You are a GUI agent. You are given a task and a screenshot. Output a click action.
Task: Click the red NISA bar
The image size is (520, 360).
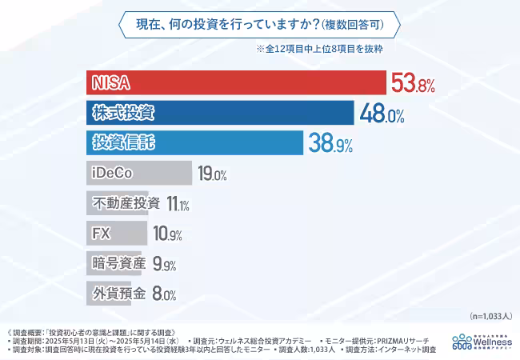click(236, 82)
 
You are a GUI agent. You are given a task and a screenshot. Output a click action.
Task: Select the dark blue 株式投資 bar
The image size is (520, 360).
click(220, 113)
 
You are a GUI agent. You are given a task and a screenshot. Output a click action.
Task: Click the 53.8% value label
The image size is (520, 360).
click(413, 82)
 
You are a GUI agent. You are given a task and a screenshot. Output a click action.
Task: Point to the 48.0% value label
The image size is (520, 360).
click(382, 114)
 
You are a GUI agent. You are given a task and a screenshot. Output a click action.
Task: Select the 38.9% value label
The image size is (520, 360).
click(330, 144)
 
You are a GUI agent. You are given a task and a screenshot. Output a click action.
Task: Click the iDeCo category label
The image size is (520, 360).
click(113, 173)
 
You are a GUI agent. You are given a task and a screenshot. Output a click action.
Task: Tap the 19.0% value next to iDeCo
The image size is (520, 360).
click(213, 174)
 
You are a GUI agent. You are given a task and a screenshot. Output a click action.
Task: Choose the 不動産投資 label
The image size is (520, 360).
click(126, 203)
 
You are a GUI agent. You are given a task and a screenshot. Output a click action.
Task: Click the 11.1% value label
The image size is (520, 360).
click(178, 204)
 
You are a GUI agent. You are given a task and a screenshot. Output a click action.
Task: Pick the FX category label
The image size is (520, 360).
click(102, 234)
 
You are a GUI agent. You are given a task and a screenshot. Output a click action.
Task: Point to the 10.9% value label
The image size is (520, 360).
click(167, 234)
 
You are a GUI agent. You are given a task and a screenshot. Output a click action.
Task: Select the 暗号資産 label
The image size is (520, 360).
click(119, 263)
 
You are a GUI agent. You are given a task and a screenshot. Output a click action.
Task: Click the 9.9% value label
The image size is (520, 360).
click(164, 265)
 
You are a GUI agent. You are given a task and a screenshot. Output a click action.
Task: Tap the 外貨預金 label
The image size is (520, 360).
click(119, 293)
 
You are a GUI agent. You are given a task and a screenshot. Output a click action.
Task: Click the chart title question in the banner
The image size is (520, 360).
click(260, 24)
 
